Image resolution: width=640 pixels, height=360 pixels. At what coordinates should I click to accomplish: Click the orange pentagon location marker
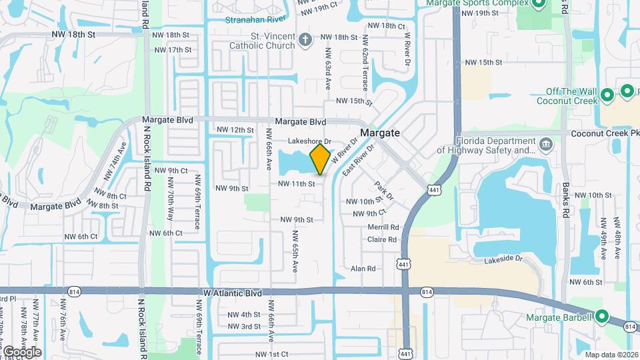click(x=320, y=159)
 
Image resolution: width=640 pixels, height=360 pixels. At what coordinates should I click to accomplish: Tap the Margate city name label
click(x=380, y=133)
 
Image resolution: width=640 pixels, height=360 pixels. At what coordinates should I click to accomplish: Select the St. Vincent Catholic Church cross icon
click(x=305, y=41)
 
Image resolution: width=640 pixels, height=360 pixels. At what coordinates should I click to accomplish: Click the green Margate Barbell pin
click(x=602, y=317)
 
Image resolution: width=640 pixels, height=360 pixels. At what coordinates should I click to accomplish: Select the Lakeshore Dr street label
click(x=309, y=142)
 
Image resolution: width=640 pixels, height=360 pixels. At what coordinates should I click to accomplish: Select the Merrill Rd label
click(x=383, y=227)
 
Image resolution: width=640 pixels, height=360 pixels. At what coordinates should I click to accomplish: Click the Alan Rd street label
click(x=364, y=269)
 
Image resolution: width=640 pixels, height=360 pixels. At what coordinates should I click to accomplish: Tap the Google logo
click(x=21, y=351)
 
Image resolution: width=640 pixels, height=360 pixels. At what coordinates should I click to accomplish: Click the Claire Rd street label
click(x=382, y=239)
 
